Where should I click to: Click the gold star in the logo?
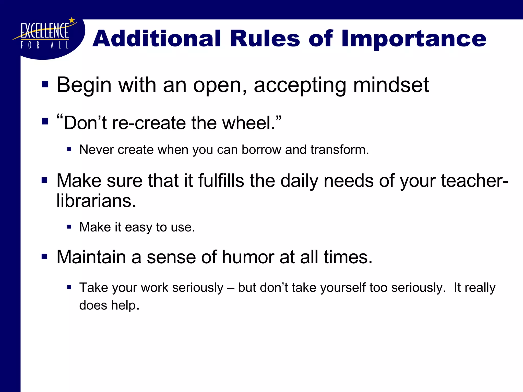(72, 20)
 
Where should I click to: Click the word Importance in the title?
(413, 39)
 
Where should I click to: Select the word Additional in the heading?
(157, 39)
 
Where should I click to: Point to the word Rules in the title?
(265, 39)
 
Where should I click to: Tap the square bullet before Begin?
(45, 84)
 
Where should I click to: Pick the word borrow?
(261, 150)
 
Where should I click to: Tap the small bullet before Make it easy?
(69, 227)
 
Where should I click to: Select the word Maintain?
(91, 257)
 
